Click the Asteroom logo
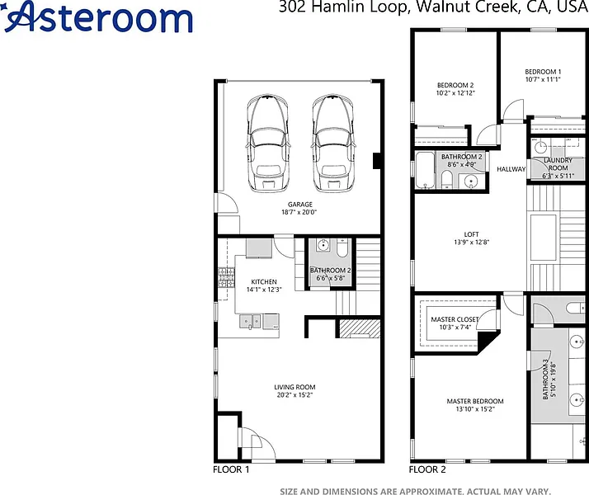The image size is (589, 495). coord(98,16)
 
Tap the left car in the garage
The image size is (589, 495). coord(267,143)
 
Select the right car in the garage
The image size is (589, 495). coord(332,143)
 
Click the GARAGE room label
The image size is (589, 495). coord(299,205)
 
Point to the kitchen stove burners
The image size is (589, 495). coord(226,277)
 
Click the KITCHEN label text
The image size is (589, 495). coord(264,281)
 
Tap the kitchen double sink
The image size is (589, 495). coord(250,322)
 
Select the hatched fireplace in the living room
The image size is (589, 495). coord(360,328)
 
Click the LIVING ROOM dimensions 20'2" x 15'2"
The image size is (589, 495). coord(294,394)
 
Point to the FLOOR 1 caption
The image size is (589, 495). coord(231,469)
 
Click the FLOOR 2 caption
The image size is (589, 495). coord(427,469)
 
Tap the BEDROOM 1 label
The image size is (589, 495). coord(543,71)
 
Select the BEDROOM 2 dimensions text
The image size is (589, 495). coord(455,92)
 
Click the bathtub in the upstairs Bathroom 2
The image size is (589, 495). coord(425,170)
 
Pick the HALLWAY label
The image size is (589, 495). coord(511,169)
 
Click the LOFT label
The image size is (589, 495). coord(471,234)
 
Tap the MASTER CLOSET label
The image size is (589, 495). coord(455,319)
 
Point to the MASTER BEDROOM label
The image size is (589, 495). coord(475,401)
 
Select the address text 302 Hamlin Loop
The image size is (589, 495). coord(343,7)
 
